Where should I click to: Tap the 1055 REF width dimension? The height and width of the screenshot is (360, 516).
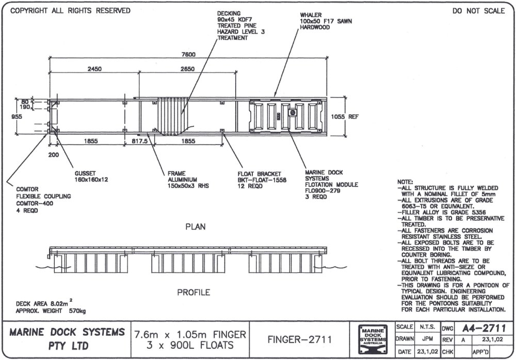[346, 117]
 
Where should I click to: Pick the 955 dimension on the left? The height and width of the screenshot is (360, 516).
[17, 117]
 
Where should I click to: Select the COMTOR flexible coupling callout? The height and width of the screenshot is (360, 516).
[39, 197]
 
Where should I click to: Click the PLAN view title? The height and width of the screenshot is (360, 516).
[193, 226]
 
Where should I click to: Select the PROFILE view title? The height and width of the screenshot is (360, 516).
[193, 292]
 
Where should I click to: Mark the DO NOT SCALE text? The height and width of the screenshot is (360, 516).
[478, 11]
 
